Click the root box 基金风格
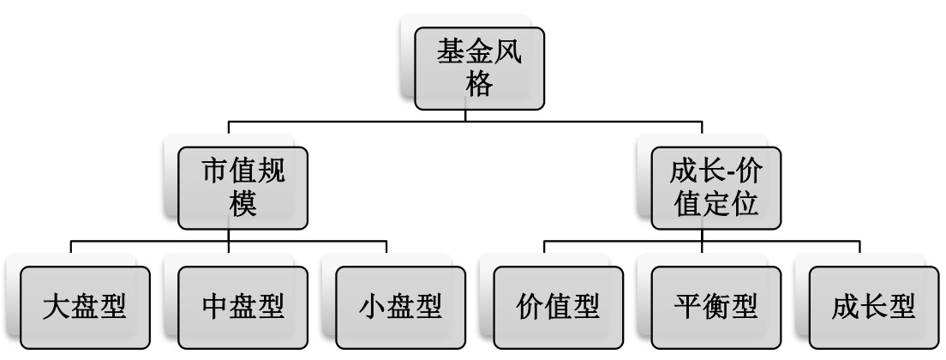pyautogui.click(x=480, y=68)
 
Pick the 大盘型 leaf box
pyautogui.click(x=85, y=307)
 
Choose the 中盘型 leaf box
pyautogui.click(x=243, y=307)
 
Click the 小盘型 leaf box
pyautogui.click(x=401, y=307)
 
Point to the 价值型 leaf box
pyautogui.click(x=559, y=307)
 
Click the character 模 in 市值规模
pyautogui.click(x=244, y=206)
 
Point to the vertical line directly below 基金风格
pyautogui.click(x=465, y=116)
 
